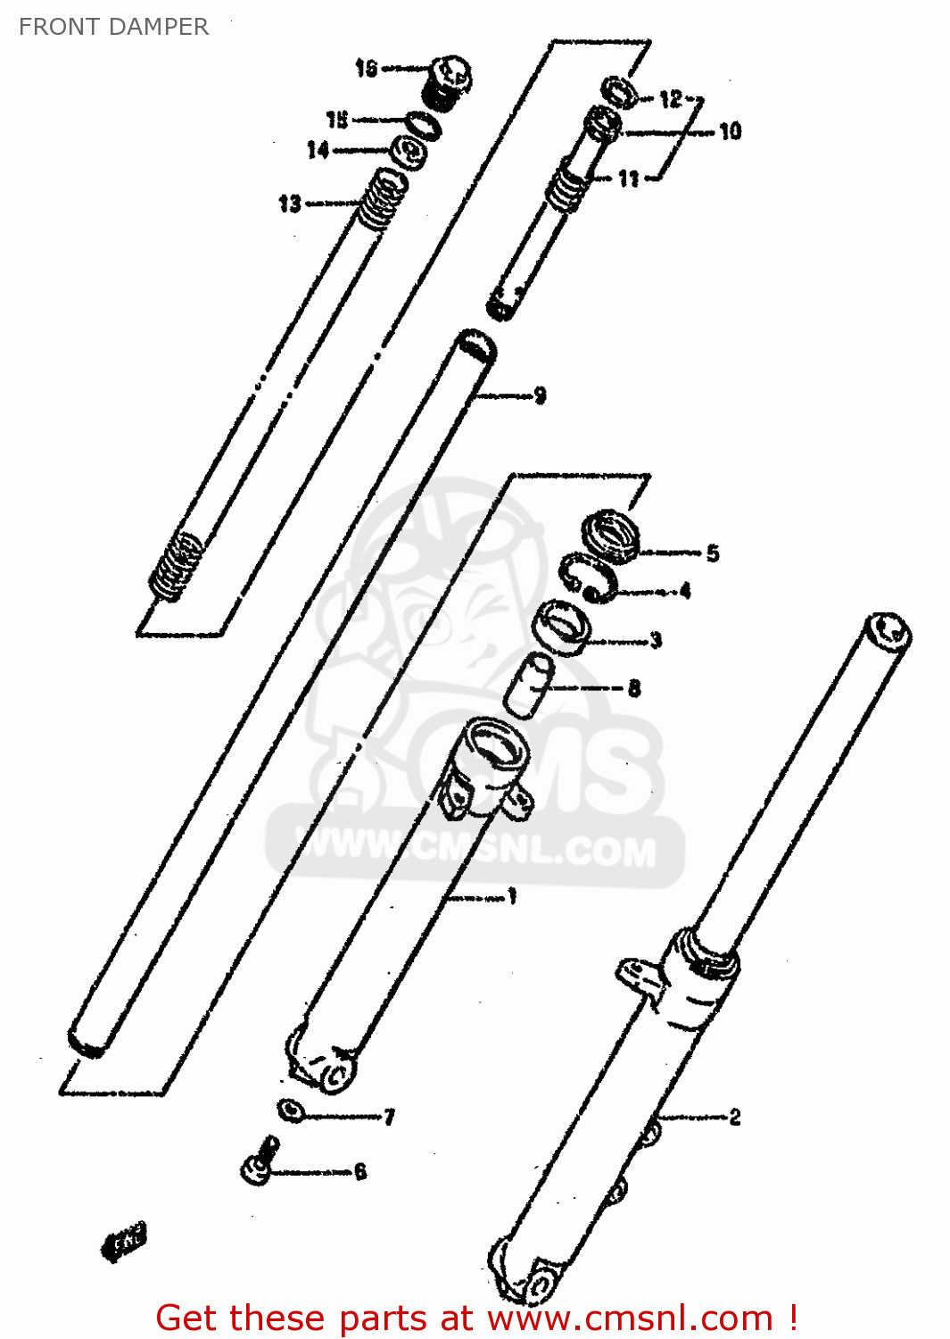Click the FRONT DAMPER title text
[113, 27]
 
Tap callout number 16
[367, 68]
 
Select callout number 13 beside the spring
[290, 204]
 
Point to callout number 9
[540, 395]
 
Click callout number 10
[731, 131]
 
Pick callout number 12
[671, 98]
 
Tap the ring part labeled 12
[619, 91]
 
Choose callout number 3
[656, 640]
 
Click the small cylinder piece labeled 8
[529, 684]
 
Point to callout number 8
[634, 687]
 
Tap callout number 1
[512, 896]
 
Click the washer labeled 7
[290, 1110]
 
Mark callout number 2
[734, 1117]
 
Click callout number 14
[318, 150]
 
